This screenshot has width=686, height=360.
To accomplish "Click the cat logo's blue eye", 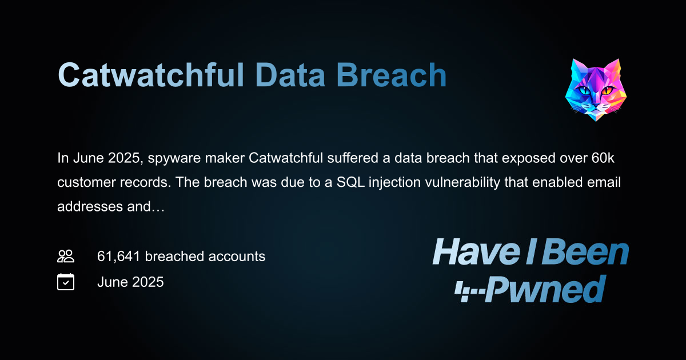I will click(584, 91).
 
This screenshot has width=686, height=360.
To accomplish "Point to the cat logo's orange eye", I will click(607, 91).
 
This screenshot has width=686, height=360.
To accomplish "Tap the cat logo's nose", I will click(596, 104).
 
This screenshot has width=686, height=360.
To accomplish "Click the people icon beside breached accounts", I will click(66, 256).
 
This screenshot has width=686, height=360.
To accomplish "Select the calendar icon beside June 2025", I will click(66, 282).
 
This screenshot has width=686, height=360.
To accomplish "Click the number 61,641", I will click(119, 257).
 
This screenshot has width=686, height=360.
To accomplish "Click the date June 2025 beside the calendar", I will click(130, 282).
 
